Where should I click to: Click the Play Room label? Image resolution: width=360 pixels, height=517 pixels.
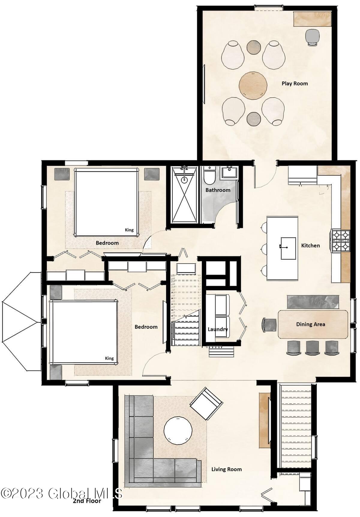(x=295, y=83)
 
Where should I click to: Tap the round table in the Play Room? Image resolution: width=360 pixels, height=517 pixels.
(x=253, y=85)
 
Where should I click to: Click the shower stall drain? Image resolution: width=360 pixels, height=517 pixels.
(x=184, y=180)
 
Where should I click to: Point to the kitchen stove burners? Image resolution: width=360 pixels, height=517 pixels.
(x=340, y=240)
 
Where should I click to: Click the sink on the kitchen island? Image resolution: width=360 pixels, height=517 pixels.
(x=287, y=248)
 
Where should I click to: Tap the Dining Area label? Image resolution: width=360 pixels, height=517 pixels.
(x=310, y=324)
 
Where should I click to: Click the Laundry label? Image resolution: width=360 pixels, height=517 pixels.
(x=218, y=329)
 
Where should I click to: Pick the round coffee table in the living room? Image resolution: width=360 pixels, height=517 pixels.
(x=178, y=431)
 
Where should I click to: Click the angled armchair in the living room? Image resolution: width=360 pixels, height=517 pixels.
(x=206, y=403)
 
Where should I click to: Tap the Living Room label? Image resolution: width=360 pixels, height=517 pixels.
(x=226, y=469)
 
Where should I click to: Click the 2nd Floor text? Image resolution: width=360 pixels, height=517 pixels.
(x=87, y=500)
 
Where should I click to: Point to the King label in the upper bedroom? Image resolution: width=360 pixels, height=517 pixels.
(x=129, y=230)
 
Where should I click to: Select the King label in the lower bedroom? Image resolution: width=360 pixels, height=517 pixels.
(x=109, y=358)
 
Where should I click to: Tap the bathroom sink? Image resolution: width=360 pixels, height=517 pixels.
(x=229, y=173)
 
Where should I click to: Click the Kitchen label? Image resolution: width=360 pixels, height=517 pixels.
(x=310, y=246)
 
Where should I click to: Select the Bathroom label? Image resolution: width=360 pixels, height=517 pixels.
(x=218, y=190)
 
